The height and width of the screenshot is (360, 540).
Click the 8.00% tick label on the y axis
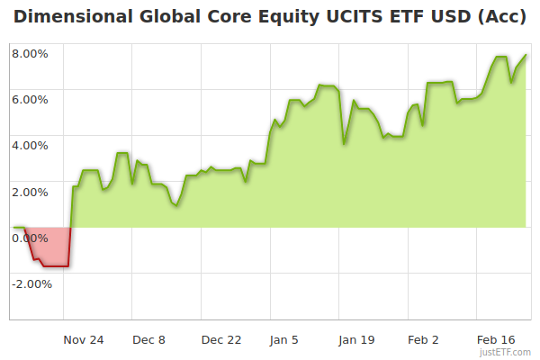(x=30, y=53)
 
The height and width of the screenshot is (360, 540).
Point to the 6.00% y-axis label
(x=30, y=99)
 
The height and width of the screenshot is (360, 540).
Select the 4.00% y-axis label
(x=30, y=145)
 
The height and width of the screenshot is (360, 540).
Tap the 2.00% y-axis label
(x=30, y=192)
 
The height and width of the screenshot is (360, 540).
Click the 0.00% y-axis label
(x=30, y=238)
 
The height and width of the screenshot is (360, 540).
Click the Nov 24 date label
(x=84, y=340)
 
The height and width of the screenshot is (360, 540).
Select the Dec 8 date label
(x=148, y=340)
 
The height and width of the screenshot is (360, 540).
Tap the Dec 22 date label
(x=221, y=340)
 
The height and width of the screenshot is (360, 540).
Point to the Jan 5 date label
(x=283, y=340)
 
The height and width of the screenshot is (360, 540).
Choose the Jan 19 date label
(x=356, y=340)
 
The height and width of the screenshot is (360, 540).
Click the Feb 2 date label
(x=423, y=340)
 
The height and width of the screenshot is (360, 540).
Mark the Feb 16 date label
(x=496, y=340)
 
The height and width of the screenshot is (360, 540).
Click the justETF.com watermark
(x=506, y=353)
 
